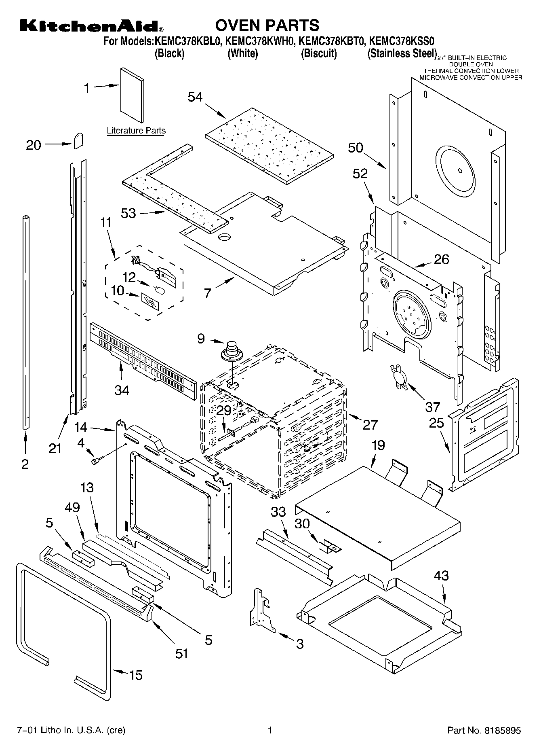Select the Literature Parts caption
(136, 131)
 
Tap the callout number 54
(195, 97)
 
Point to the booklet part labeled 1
(132, 95)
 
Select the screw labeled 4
(97, 460)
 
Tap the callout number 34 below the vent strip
(122, 390)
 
